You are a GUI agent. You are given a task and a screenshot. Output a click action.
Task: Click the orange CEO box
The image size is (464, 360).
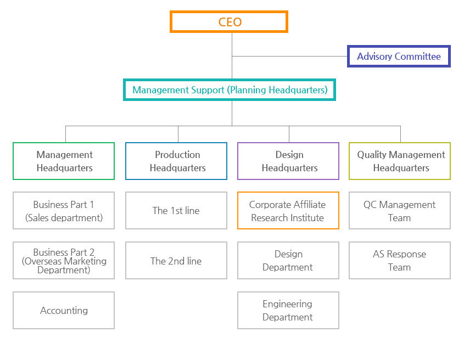point(229,22)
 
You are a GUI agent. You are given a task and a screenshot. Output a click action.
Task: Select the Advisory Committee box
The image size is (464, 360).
point(399,57)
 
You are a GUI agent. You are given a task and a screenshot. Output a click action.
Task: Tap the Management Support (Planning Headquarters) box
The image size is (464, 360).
point(230,90)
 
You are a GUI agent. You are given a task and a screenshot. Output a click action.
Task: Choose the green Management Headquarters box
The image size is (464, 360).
point(64,161)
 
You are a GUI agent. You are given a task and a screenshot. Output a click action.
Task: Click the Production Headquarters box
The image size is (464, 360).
point(176,161)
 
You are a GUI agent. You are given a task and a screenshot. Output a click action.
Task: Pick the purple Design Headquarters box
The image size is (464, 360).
point(288,161)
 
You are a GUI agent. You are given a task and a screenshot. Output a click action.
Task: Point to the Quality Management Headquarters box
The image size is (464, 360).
point(400,161)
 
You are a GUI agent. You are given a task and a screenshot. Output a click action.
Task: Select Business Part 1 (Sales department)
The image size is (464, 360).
point(64,211)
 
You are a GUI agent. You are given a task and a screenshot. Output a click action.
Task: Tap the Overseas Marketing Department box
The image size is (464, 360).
point(64,261)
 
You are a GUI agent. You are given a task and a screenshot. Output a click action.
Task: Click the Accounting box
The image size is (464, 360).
point(64,311)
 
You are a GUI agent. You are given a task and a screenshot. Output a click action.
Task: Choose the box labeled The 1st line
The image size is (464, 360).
point(176,211)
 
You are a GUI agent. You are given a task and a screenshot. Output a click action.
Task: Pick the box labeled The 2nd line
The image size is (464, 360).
point(176,261)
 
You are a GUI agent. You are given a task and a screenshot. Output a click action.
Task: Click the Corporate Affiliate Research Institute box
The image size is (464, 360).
point(288,211)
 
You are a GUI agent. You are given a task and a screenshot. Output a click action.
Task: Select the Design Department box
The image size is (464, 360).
point(288,261)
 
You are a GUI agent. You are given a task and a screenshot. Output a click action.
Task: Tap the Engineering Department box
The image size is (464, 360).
point(288,311)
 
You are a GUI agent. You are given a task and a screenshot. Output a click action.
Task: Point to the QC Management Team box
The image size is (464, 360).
point(400,211)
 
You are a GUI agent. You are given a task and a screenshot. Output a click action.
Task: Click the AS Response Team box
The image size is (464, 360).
point(400,261)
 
